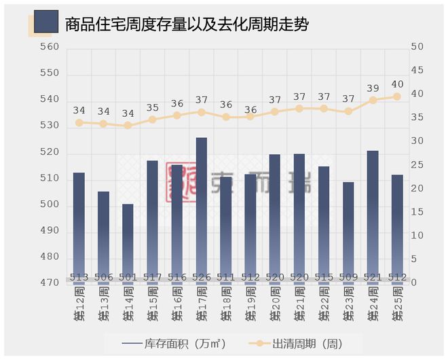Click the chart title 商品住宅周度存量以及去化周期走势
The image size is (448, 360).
(187, 26)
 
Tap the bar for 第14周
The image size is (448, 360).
(128, 241)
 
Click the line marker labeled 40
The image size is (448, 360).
(397, 96)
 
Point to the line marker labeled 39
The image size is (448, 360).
(373, 100)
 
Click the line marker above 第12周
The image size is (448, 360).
(79, 123)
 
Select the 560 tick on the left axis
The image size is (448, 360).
(50, 47)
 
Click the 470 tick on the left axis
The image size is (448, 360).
(50, 283)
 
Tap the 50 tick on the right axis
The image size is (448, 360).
(417, 47)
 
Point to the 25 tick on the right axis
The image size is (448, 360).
(417, 165)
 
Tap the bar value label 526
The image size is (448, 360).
(202, 277)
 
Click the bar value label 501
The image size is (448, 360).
(128, 277)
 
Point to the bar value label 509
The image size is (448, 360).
(348, 277)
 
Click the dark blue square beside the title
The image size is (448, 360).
(45, 22)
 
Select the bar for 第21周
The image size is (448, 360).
(299, 214)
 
